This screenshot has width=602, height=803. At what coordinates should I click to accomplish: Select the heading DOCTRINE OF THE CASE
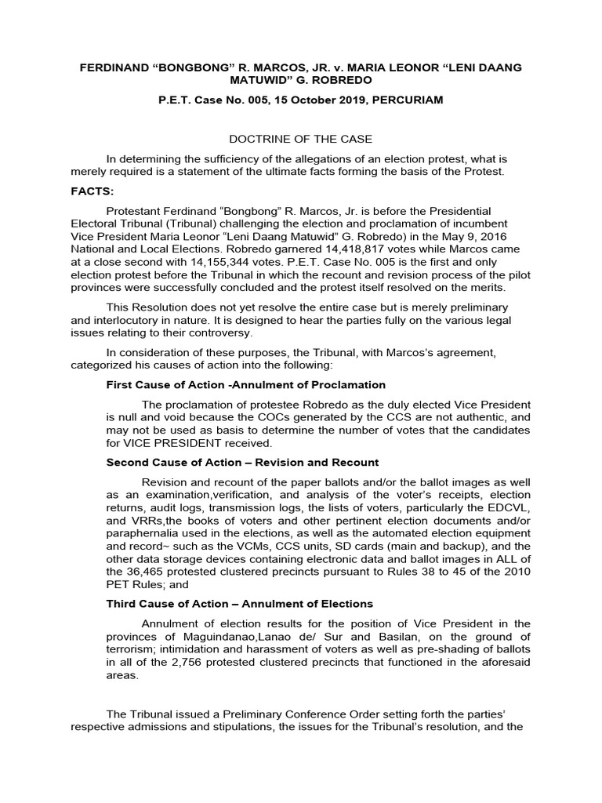coord(300,139)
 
